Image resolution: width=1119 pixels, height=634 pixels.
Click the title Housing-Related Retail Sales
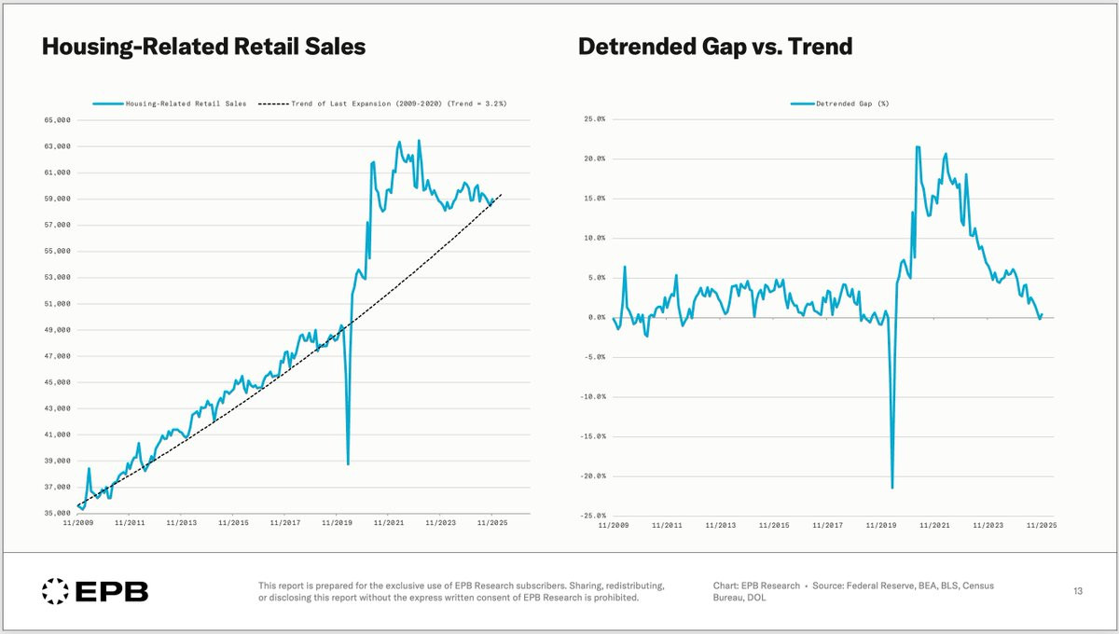[203, 46]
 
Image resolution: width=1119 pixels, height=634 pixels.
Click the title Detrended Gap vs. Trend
[715, 46]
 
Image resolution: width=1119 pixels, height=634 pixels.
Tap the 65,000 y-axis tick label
[57, 120]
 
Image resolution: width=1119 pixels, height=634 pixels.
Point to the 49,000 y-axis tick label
[57, 330]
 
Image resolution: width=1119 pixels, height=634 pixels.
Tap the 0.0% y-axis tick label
[593, 317]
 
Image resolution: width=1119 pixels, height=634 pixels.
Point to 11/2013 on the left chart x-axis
[182, 523]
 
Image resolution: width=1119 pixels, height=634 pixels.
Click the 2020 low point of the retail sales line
[348, 464]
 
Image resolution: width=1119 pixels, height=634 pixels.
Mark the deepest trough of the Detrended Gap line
[892, 488]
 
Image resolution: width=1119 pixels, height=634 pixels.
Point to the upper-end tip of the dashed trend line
[502, 195]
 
